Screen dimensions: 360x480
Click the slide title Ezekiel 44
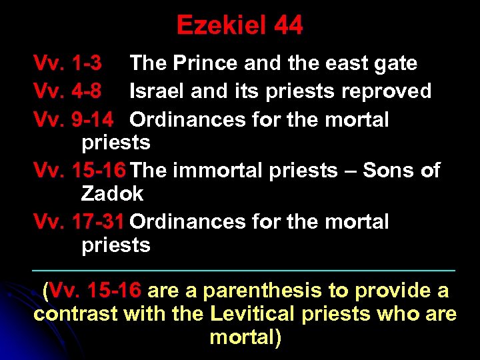point(239,25)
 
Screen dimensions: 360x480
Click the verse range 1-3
point(86,63)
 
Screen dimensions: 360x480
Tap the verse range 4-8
point(86,91)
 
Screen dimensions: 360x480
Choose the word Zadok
point(112,195)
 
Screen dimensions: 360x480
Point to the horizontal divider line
point(244,270)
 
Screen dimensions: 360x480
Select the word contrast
point(75,315)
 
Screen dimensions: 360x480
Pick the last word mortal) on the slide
point(245,338)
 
